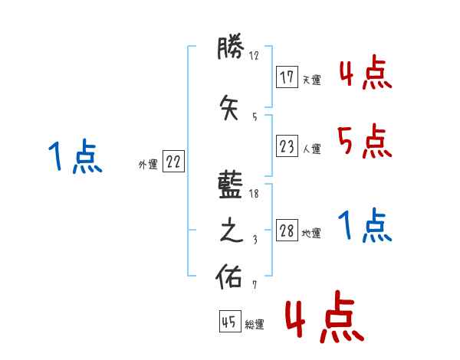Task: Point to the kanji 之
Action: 232,232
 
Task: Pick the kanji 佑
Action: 232,277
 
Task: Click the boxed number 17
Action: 287,77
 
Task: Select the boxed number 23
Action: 287,146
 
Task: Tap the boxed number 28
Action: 287,231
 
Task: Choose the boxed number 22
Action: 173,162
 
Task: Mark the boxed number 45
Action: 229,322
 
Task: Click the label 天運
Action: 311,80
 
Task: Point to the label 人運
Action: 311,149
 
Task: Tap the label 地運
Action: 311,234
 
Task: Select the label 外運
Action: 147,164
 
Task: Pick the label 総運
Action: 254,324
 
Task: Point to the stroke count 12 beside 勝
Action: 255,55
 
